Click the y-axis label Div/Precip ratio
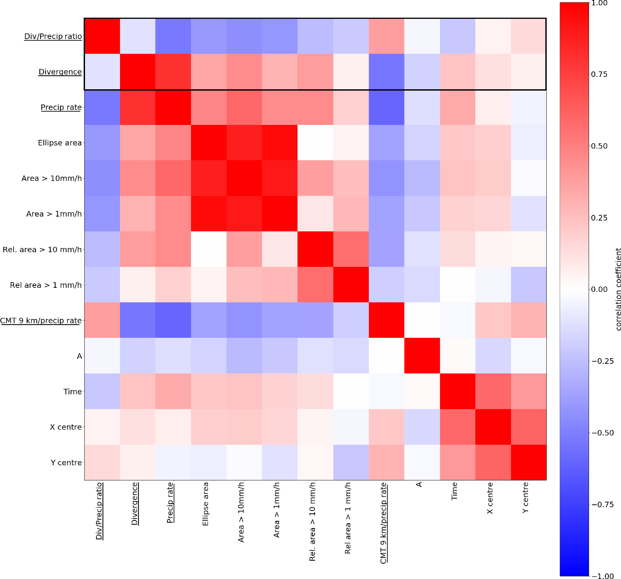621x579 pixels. (53, 36)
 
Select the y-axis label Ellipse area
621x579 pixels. (60, 143)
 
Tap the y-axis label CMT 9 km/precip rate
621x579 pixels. (41, 320)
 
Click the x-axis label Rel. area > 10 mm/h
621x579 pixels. (312, 521)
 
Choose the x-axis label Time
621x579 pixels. (454, 491)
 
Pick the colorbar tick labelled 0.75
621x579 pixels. (599, 74)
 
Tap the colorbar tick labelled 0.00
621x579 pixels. (599, 289)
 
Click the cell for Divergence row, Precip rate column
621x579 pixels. (173, 72)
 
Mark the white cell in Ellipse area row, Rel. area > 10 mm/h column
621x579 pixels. (315, 143)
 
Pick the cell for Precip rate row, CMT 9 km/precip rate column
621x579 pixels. (386, 107)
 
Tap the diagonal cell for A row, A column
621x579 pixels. (422, 355)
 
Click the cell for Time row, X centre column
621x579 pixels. (493, 391)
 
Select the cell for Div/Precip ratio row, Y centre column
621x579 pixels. (528, 36)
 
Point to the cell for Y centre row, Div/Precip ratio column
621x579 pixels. (102, 462)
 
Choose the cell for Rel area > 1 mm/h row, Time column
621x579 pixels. (457, 285)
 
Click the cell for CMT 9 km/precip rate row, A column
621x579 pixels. (422, 320)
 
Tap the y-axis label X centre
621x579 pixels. (66, 427)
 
